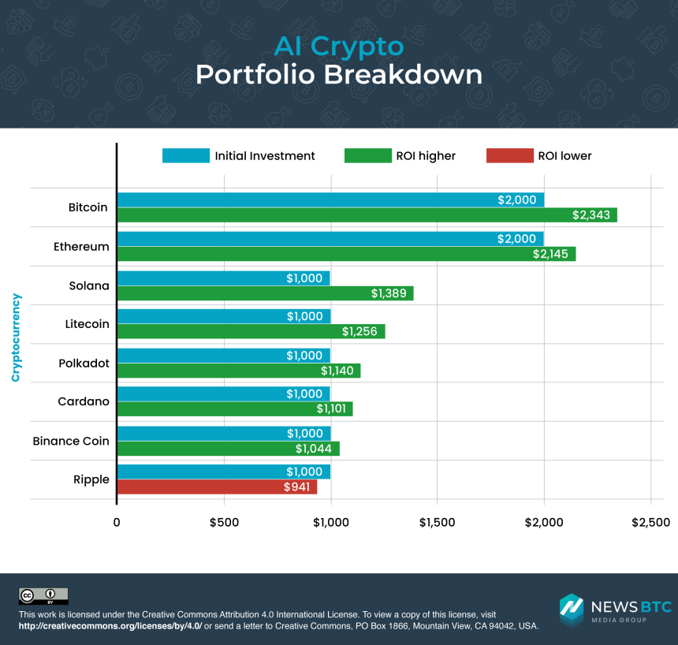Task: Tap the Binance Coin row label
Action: [x=71, y=441]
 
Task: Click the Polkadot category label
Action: [x=84, y=364]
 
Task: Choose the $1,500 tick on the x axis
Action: [x=438, y=522]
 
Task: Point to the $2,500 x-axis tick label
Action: [x=650, y=522]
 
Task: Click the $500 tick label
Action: [x=224, y=522]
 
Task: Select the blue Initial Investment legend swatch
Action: [x=186, y=155]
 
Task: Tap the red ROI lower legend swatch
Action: [x=509, y=155]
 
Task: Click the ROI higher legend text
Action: [x=427, y=156]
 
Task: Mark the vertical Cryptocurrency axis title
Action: [x=16, y=337]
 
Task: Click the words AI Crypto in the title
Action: [x=338, y=46]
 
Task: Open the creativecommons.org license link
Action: [x=110, y=625]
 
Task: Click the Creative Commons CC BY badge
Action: [x=43, y=596]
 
